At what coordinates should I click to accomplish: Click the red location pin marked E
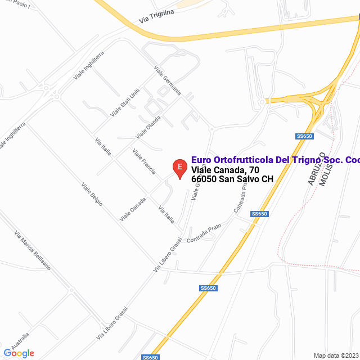click(x=179, y=168)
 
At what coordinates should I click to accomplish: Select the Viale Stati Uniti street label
click(x=125, y=102)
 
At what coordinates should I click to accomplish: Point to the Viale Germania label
click(x=168, y=80)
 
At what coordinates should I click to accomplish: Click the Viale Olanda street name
click(x=148, y=127)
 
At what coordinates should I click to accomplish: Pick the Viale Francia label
click(x=144, y=161)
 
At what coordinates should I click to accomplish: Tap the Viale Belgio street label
click(x=92, y=194)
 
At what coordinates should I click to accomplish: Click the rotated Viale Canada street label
click(x=133, y=209)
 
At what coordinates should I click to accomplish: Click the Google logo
click(x=19, y=353)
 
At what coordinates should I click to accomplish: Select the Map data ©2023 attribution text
click(x=335, y=355)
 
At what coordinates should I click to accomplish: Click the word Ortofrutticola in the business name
click(x=240, y=160)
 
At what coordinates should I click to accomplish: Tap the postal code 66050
click(x=204, y=179)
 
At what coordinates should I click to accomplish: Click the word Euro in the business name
click(x=201, y=160)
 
